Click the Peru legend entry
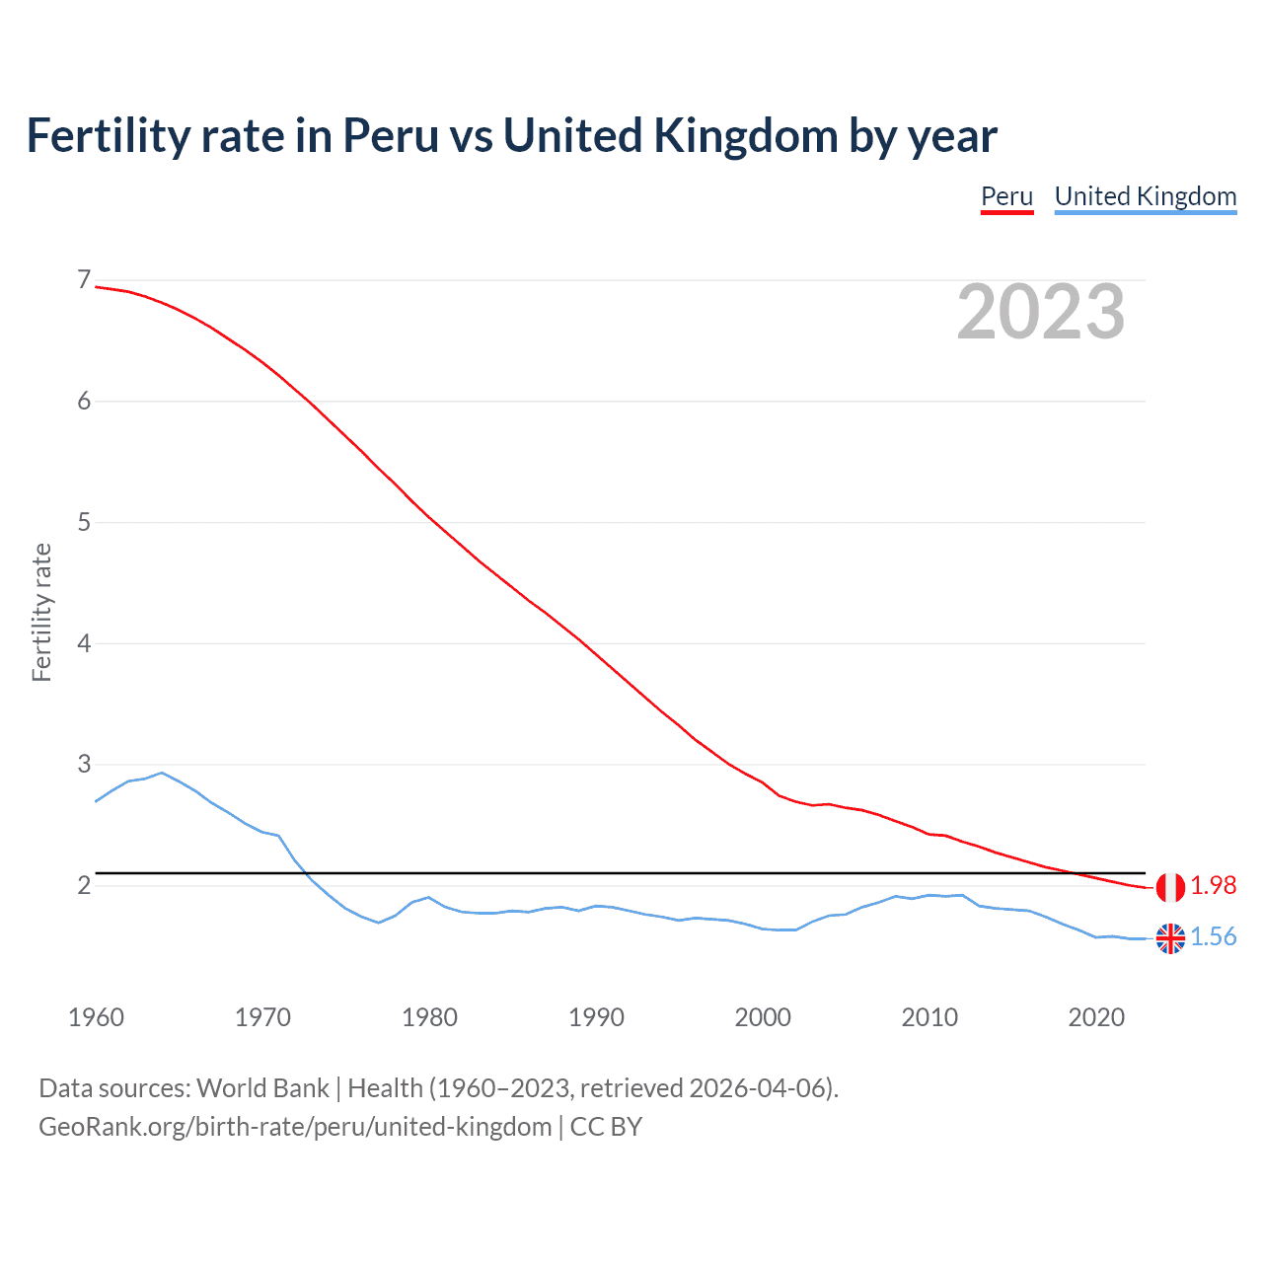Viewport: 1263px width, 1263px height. click(1006, 196)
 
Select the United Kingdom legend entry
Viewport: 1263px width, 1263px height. click(1145, 196)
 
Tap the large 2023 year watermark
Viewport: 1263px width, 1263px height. click(1040, 312)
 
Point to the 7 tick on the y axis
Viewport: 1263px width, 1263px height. click(84, 280)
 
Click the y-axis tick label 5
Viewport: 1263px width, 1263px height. click(84, 522)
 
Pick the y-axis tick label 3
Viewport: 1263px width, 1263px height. click(84, 765)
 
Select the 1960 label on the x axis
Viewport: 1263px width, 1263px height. click(96, 1017)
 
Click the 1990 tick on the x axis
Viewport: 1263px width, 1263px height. click(596, 1017)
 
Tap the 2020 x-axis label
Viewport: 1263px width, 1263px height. click(1096, 1017)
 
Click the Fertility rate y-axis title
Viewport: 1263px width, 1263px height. click(41, 612)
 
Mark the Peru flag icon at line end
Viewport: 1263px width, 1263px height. click(1170, 887)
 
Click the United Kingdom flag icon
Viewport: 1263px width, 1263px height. click(1170, 938)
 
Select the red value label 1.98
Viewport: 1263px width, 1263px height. click(1213, 886)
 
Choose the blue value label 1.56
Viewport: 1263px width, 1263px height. click(1213, 937)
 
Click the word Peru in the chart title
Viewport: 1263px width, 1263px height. click(390, 135)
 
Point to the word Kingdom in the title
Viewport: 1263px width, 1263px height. click(746, 135)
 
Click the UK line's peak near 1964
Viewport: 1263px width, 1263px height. click(162, 773)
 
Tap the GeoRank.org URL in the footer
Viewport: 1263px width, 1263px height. click(295, 1127)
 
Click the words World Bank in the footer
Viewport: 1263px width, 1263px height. click(262, 1088)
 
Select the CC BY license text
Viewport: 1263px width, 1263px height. click(606, 1127)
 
